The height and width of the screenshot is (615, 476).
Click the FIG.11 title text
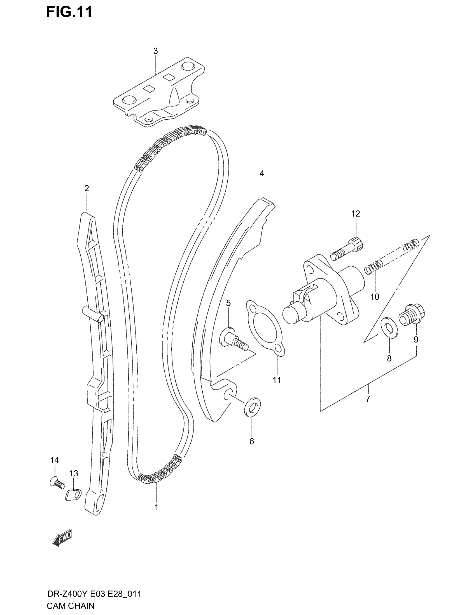point(69,12)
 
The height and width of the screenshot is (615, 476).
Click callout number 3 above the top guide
point(155,51)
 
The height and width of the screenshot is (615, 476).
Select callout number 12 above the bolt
point(356,214)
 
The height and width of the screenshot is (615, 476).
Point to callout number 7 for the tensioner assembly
point(368,399)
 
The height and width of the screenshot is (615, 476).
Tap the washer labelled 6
point(252,407)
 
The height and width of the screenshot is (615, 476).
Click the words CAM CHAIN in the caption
point(71,605)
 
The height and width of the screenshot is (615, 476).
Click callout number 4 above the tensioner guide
point(262,174)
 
